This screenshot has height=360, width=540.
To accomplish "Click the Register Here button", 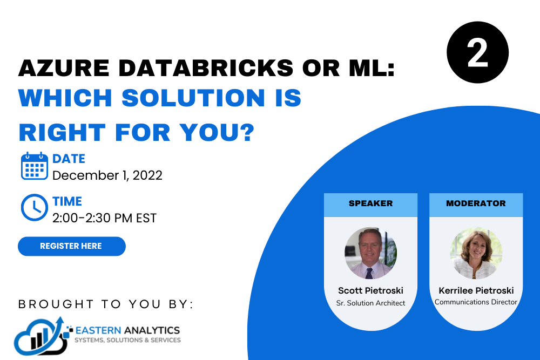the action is click(x=72, y=246).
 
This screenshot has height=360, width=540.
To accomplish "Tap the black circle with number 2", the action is click(x=477, y=52).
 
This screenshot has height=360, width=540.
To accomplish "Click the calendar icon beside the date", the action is click(x=34, y=166).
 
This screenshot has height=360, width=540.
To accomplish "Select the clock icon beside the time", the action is click(x=34, y=208).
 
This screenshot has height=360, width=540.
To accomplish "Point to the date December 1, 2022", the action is click(x=107, y=175).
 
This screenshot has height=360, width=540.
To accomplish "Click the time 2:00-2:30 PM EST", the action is click(x=104, y=218).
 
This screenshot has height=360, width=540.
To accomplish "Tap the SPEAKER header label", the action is click(x=370, y=203).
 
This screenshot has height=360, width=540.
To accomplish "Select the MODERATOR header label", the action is click(x=476, y=203).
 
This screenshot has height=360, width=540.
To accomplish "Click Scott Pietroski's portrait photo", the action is click(x=370, y=253).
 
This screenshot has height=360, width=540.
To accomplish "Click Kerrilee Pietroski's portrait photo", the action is click(x=476, y=253).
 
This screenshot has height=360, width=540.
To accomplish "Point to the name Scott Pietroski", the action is click(x=370, y=290).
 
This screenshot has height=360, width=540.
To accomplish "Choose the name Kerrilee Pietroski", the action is click(x=476, y=290).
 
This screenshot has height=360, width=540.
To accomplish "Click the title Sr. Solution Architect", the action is click(x=370, y=303).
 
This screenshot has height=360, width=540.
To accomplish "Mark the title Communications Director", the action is click(x=476, y=302).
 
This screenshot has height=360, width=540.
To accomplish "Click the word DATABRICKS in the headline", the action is click(x=206, y=68).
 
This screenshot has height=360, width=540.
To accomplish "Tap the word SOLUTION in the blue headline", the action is click(x=193, y=98).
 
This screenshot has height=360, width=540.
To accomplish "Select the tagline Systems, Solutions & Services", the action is click(x=128, y=340).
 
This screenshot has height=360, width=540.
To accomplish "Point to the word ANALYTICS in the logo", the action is click(x=152, y=330).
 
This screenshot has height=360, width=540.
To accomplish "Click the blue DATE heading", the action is click(x=69, y=159).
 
